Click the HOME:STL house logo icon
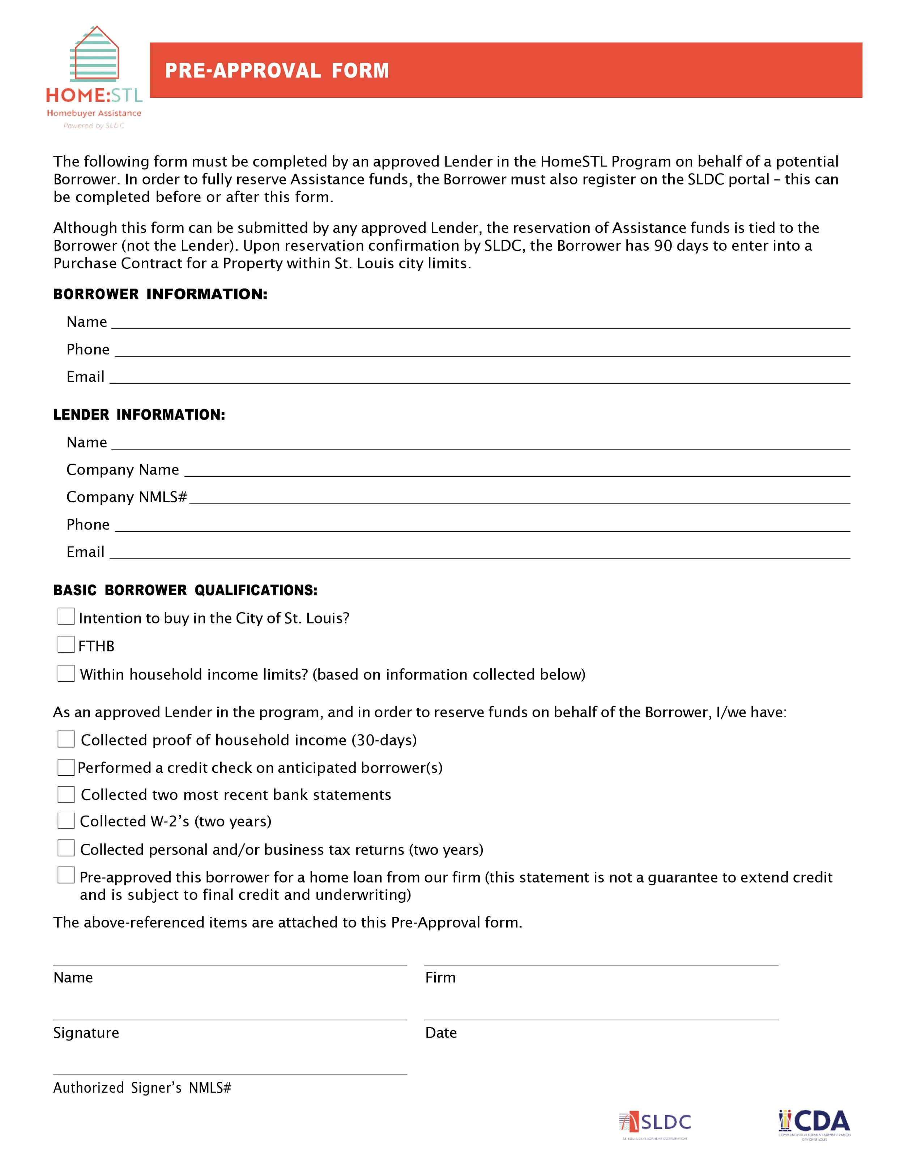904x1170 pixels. click(94, 54)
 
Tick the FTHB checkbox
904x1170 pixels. click(66, 644)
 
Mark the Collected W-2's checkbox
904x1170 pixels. click(66, 820)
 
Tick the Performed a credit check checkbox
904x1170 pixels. click(66, 767)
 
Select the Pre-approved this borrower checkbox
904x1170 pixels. click(66, 875)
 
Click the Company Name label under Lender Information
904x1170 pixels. click(123, 470)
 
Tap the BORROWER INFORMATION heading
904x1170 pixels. click(160, 294)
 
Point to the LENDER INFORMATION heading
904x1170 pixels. click(139, 414)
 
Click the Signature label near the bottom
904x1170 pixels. click(86, 1033)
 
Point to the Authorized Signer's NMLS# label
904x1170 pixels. click(142, 1088)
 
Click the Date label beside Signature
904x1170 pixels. click(441, 1033)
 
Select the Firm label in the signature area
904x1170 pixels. click(440, 978)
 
